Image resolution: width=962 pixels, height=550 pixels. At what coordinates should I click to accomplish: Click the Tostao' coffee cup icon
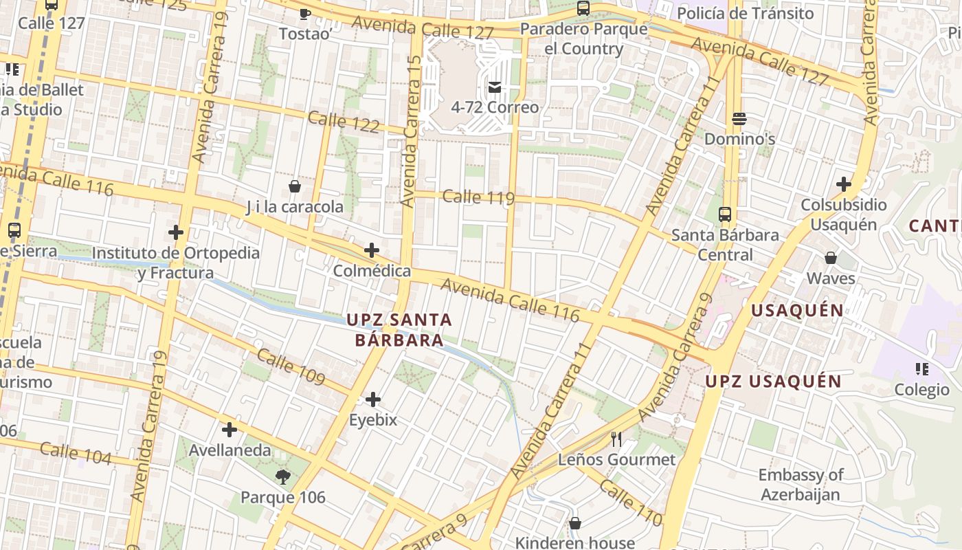304,13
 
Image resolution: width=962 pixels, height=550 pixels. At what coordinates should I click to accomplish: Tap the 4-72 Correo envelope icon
494,87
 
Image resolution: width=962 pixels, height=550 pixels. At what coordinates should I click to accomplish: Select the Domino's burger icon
739,119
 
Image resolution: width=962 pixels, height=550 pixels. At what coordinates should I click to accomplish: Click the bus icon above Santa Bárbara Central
725,214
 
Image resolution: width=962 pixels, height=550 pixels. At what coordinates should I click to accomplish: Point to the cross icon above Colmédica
372,250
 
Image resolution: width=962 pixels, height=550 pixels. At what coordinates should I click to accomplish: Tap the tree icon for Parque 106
282,476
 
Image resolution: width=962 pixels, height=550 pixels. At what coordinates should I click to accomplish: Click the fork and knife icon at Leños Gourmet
616,439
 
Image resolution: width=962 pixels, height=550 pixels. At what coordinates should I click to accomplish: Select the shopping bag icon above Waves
831,258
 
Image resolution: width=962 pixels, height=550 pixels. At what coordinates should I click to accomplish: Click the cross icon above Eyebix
373,399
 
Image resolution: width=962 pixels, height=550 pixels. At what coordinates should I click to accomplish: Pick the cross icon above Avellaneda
230,430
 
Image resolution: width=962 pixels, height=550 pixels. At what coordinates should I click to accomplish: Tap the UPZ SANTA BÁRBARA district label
399,330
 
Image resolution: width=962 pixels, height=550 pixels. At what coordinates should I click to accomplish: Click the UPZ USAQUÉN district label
774,381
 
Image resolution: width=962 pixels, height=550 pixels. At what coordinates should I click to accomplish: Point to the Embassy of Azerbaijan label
801,485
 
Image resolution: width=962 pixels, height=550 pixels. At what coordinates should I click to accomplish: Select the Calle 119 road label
478,197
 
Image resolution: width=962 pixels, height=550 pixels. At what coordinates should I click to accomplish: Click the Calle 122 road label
344,122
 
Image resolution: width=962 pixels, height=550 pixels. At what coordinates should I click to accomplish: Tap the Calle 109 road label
290,366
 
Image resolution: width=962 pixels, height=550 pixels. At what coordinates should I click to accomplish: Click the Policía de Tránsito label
745,13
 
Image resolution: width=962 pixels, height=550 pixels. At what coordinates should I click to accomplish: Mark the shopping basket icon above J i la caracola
295,186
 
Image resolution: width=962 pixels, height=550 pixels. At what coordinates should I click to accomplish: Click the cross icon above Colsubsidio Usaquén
843,184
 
